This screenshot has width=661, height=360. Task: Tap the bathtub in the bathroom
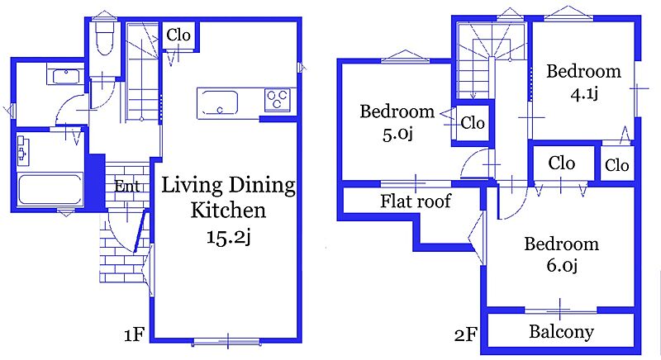click(50, 189)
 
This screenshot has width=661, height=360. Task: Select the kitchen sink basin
click(219, 102)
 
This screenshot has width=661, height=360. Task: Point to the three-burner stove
click(277, 100)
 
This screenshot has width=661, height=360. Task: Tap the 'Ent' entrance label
click(127, 186)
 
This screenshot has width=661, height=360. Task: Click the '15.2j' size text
click(228, 237)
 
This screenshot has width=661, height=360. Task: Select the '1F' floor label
click(134, 334)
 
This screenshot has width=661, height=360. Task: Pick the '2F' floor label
click(465, 335)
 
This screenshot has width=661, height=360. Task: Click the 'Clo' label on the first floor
click(178, 35)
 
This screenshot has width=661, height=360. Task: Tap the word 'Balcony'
click(562, 331)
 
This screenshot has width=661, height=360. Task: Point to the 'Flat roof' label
click(416, 201)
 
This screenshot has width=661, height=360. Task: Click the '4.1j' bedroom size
click(584, 93)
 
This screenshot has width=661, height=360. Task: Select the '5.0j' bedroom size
click(397, 134)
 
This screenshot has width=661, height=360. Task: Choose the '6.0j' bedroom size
click(562, 265)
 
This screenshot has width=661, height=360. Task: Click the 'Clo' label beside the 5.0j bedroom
click(473, 123)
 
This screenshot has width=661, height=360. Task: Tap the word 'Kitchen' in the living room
click(228, 210)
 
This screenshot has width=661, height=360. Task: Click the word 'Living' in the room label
click(192, 185)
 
